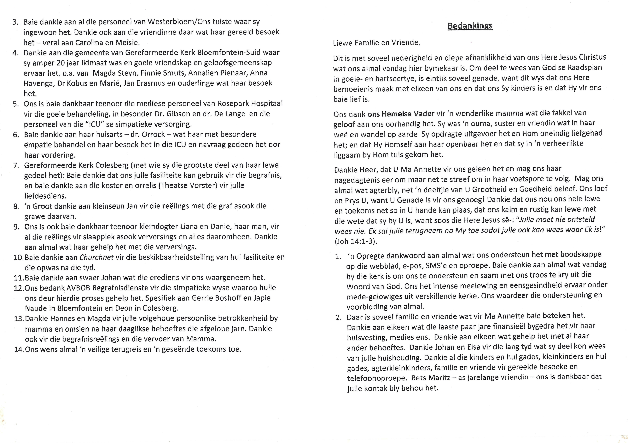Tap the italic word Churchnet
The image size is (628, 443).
(96, 257)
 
